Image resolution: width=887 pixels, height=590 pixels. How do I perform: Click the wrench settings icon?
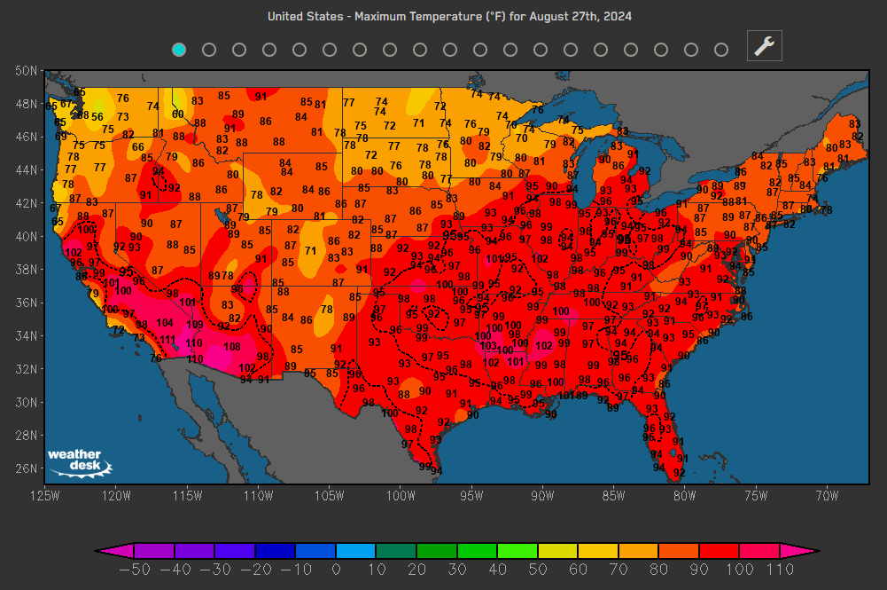(764, 46)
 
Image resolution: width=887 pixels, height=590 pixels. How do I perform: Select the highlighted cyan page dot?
(179, 50)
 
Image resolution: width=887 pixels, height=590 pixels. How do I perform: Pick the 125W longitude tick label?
(44, 495)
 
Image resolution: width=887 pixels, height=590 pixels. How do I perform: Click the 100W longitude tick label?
(401, 495)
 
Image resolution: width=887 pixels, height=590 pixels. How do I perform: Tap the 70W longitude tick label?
(826, 495)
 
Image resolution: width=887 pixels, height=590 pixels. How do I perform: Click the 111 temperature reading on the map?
(167, 340)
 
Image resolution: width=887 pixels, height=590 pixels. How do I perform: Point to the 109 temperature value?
(195, 325)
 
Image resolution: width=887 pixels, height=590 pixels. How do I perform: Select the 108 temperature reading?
(231, 347)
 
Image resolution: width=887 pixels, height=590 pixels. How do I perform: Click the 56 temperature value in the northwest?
(97, 116)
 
